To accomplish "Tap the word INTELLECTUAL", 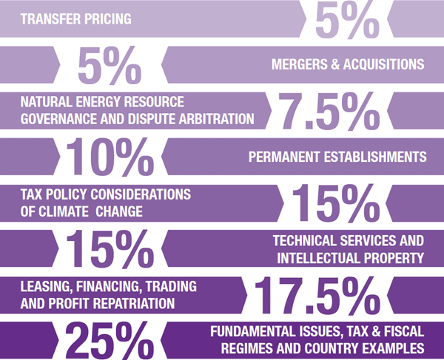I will click(320, 257).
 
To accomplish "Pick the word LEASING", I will click(44, 286).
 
